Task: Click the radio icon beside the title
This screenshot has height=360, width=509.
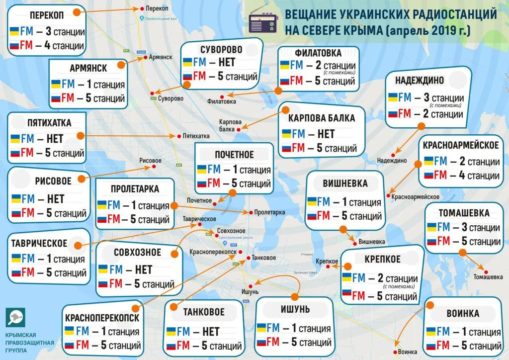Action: (261, 22)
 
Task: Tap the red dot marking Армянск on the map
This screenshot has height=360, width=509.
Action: (145, 57)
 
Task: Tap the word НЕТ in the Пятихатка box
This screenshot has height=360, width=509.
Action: (56, 138)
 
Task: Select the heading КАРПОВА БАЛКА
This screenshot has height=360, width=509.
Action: (322, 118)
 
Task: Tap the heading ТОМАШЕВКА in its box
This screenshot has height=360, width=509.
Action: (464, 213)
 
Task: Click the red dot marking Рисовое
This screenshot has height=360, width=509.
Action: (154, 167)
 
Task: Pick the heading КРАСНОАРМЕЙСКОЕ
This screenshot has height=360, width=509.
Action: (461, 145)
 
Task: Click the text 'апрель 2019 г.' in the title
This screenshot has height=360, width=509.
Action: (430, 31)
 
